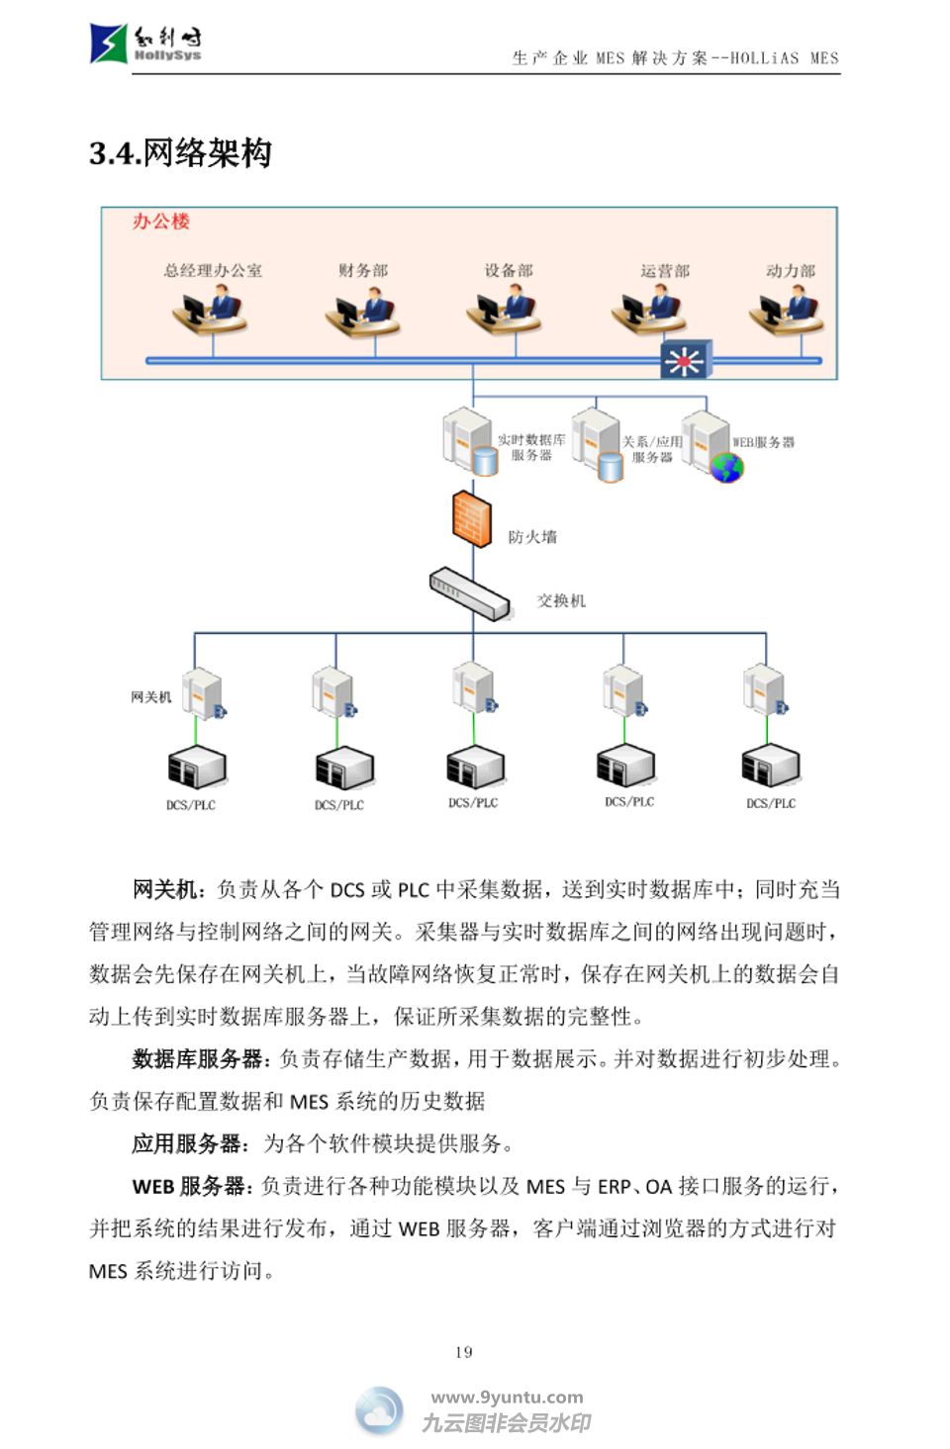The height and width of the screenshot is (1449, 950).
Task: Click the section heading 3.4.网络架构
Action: [x=180, y=153]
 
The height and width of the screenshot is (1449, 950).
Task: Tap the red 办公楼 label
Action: [x=160, y=222]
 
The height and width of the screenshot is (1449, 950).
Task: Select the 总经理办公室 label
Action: [x=213, y=270]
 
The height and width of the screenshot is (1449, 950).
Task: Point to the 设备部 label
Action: [x=509, y=270]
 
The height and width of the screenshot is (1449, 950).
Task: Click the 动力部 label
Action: [x=790, y=270]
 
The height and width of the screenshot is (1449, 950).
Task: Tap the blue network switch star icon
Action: [x=685, y=361]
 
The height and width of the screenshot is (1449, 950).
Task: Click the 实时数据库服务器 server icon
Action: [x=468, y=441]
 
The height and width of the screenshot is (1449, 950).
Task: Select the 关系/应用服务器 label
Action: [x=652, y=449]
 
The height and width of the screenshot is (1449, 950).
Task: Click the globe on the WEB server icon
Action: [x=727, y=467]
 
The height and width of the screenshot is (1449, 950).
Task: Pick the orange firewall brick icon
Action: [x=472, y=518]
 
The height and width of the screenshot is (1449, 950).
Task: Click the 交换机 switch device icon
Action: [x=470, y=592]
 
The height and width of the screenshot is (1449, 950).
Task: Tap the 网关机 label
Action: [x=151, y=697]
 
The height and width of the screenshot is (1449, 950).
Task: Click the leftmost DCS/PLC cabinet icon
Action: [x=196, y=768]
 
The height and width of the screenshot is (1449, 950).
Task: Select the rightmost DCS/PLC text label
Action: [x=771, y=804]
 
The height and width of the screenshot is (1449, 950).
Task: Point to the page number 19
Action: [x=464, y=1352]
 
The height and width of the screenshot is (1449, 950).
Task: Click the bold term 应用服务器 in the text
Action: [x=187, y=1144]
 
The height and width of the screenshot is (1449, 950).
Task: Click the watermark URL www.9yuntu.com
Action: [x=507, y=1398]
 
